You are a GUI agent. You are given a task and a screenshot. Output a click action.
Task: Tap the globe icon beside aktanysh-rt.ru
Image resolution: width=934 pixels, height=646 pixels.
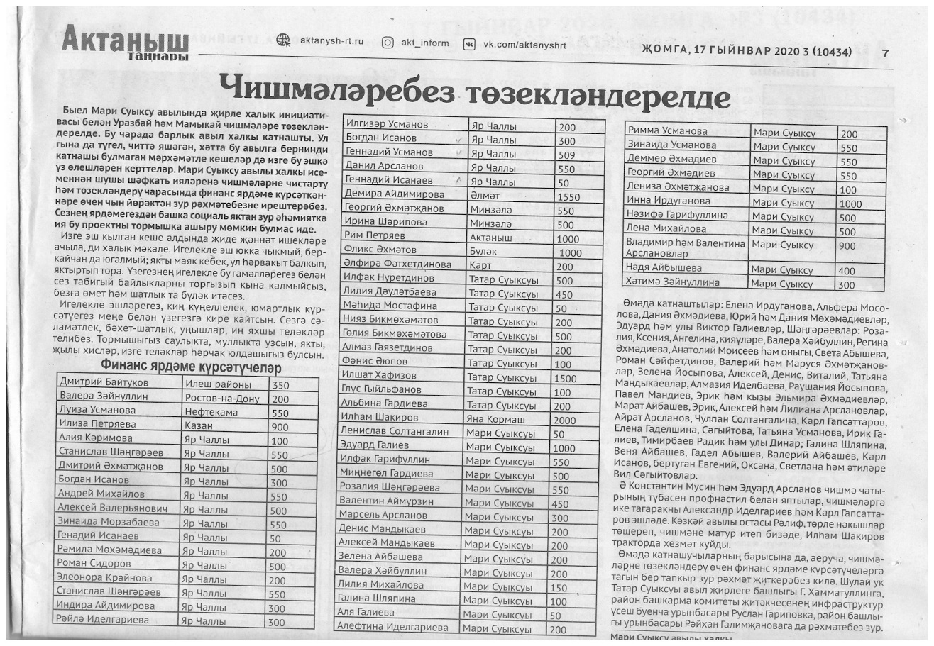click(283, 41)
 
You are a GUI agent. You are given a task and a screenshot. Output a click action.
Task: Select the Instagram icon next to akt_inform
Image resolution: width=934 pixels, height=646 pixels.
click(388, 43)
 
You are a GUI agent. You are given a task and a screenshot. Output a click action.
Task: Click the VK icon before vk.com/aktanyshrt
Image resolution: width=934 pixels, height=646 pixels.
click(469, 44)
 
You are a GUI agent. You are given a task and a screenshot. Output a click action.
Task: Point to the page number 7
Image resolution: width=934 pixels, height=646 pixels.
click(885, 53)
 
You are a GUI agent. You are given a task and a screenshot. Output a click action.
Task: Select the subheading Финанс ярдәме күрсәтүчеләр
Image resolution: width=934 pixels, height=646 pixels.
click(192, 367)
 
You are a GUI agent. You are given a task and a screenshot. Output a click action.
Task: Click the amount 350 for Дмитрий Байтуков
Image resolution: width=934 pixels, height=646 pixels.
click(281, 385)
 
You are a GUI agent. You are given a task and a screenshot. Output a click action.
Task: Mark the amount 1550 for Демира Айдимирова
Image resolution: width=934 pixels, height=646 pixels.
click(569, 196)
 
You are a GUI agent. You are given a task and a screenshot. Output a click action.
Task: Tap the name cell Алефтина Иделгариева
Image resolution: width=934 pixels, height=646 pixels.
click(393, 628)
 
